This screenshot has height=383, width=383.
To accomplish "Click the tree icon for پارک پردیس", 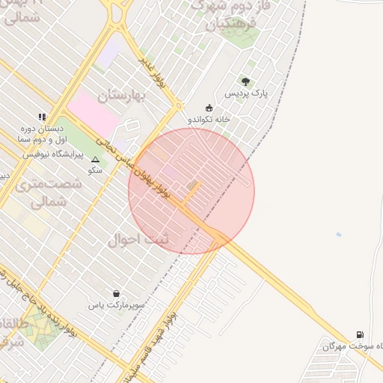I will pos(245,82).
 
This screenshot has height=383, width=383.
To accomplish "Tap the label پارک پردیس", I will pos(246,94).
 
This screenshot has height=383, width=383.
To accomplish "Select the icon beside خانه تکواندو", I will pos(209,107).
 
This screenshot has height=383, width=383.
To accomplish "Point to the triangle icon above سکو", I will pos(95,160).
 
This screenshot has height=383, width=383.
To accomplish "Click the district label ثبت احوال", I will pos(138,239).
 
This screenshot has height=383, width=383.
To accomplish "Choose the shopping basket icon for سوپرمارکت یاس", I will pos(116,293).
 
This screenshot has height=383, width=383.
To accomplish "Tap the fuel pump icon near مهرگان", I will pos(361,334).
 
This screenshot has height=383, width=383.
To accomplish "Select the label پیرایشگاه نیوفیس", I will pos(51,153).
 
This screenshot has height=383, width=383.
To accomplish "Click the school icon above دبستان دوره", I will pos(42,117).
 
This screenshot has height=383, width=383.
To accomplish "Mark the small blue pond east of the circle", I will pos(338,235).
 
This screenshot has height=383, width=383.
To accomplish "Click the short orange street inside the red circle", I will pos(191,193).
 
